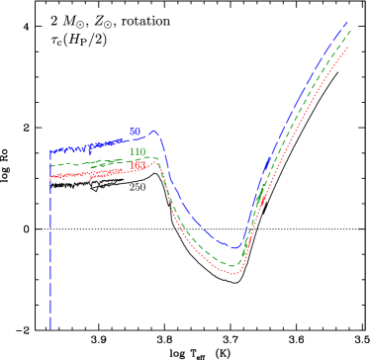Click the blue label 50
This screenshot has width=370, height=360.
pos(135,132)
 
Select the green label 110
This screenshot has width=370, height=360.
pos(138,151)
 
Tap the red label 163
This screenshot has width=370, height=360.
pos(139,166)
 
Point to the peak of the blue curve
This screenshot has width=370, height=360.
pos(154,131)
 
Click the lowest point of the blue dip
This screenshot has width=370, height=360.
pos(236,247)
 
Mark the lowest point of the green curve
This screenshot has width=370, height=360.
pos(234,265)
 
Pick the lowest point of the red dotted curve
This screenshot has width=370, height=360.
pos(234,273)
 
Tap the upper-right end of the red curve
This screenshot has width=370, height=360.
pos(349,45)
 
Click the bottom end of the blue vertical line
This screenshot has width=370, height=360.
pos(49,329)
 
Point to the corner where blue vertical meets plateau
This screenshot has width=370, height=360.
pos(49,151)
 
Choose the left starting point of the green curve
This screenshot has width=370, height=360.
pos(50,164)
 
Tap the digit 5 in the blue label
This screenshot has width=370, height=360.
pos(132,132)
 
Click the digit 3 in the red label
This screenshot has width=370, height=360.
pos(143,166)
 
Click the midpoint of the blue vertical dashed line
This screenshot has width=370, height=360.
pos(49,240)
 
